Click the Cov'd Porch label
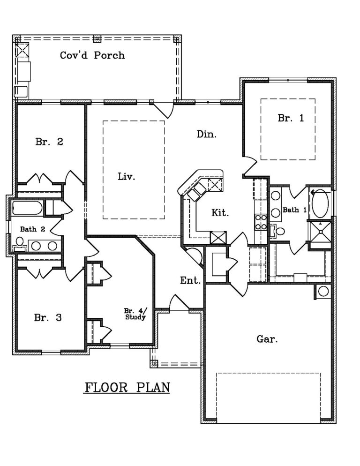click(x=92, y=55)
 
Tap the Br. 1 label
click(x=291, y=118)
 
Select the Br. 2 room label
click(x=49, y=142)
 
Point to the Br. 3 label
click(x=48, y=318)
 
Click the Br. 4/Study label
click(x=135, y=314)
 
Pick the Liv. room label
click(x=126, y=177)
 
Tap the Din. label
click(x=206, y=134)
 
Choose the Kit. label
click(x=220, y=212)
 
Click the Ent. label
click(x=191, y=281)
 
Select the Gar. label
click(x=267, y=339)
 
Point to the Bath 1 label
click(x=294, y=210)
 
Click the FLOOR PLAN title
click(x=127, y=388)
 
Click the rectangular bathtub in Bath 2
click(x=27, y=208)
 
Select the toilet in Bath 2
click(x=19, y=242)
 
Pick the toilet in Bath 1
click(x=280, y=231)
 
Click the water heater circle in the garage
click(x=323, y=291)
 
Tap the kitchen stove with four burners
click(x=261, y=222)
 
